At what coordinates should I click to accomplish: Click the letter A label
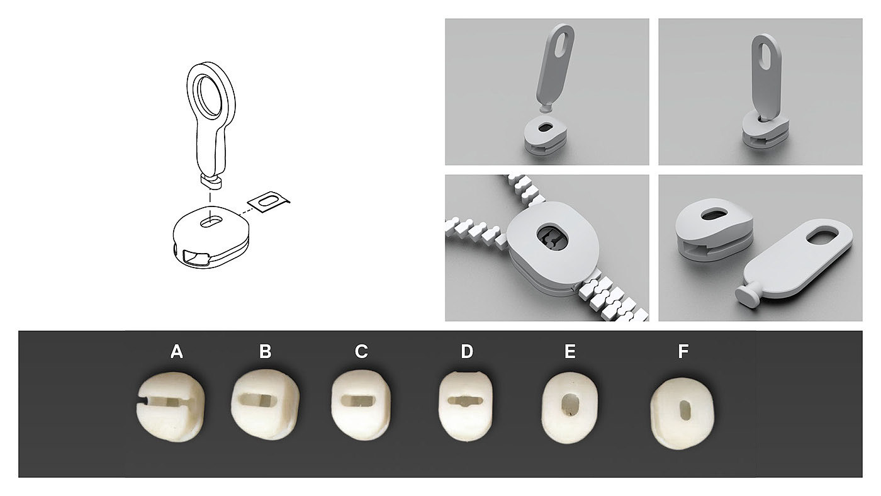click(x=177, y=351)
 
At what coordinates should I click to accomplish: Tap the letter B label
click(x=266, y=351)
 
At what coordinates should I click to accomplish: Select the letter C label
click(x=361, y=351)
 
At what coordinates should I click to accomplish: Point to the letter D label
click(x=467, y=351)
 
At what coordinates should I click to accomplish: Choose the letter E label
click(x=570, y=351)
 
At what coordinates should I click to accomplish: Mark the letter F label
click(x=683, y=351)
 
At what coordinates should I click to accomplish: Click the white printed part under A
click(x=171, y=407)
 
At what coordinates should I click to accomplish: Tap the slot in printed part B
click(x=258, y=400)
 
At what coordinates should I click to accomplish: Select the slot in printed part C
click(x=358, y=400)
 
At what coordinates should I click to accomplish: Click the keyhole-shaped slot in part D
click(x=465, y=401)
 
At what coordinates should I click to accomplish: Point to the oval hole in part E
click(x=569, y=405)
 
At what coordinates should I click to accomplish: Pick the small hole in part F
click(x=685, y=410)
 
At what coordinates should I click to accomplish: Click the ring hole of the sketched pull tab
click(x=209, y=96)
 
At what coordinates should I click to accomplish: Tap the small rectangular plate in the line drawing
click(x=269, y=202)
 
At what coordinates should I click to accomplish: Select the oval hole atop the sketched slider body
click(x=211, y=223)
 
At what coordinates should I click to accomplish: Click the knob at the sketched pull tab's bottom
click(x=211, y=183)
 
